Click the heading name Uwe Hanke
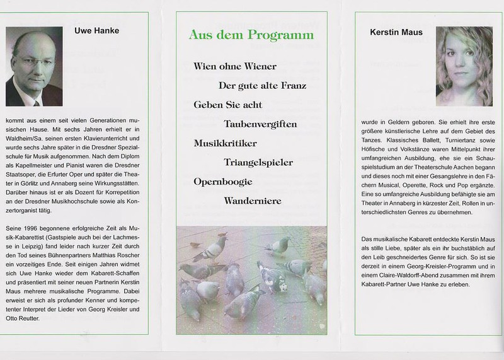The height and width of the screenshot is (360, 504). tap(96, 30)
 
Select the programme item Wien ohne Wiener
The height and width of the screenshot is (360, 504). tap(235, 65)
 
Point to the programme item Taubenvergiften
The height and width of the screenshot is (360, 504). tap(260, 124)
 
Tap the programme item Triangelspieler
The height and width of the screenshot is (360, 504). tap(258, 163)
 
